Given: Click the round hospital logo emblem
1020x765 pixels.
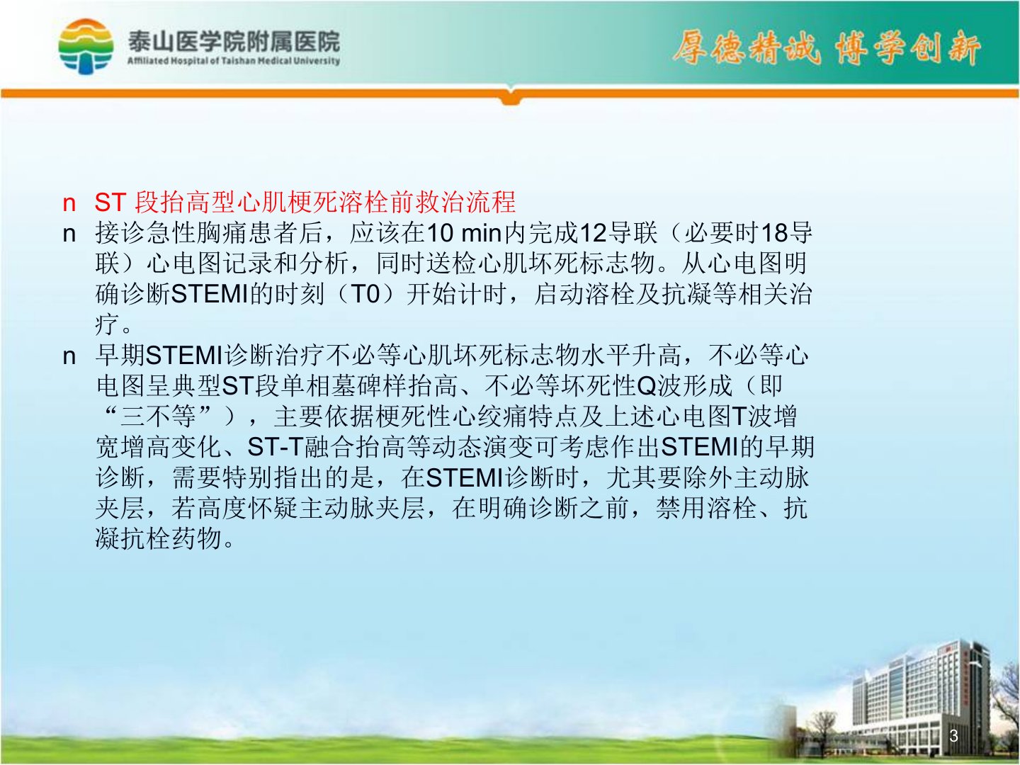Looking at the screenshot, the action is [x=86, y=47].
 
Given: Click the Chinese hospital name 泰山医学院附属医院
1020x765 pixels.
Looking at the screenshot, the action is [x=234, y=42].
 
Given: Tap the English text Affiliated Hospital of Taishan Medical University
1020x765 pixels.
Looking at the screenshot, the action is [x=234, y=61].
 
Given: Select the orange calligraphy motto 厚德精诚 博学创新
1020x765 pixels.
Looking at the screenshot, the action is [x=827, y=48].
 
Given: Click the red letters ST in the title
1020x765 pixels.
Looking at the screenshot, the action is [x=110, y=203].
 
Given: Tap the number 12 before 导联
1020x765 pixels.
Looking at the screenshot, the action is [x=593, y=233].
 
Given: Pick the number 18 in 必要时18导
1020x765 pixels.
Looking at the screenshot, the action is [x=773, y=233].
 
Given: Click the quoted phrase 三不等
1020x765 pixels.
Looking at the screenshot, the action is [x=158, y=416].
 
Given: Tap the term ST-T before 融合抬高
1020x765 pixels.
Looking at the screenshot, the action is [x=276, y=447].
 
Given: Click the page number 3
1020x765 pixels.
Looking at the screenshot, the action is [x=954, y=735].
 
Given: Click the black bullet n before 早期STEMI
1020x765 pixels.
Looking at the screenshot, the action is [x=69, y=357].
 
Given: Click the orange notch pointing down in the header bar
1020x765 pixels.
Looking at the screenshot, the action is [x=510, y=99].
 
